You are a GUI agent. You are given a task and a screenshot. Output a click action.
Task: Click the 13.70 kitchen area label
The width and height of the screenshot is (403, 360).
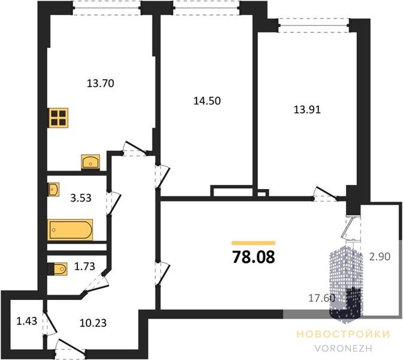[x=101, y=83]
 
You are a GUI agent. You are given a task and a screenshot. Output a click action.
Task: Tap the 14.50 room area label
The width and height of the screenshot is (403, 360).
[x=207, y=101]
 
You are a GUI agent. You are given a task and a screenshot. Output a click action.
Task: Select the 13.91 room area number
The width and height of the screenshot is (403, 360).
[x=307, y=110]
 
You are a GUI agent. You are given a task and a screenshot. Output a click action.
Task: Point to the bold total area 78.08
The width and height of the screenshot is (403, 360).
[x=254, y=257]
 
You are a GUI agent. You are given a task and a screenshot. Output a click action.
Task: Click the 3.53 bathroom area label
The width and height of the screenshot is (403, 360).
[x=81, y=198]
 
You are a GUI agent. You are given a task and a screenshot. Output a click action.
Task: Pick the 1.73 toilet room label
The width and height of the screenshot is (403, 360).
[x=85, y=266]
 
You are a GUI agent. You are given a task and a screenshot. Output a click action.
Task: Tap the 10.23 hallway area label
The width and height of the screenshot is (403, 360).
[x=93, y=323]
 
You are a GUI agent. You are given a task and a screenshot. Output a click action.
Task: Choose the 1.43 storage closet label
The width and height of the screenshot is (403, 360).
[x=27, y=321]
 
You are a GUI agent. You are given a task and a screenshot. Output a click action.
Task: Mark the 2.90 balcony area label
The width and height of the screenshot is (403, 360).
[x=380, y=256]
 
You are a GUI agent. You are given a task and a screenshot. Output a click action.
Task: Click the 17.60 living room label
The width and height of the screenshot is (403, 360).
[x=322, y=298]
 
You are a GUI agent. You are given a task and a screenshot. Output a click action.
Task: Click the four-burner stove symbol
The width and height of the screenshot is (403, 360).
[x=59, y=118]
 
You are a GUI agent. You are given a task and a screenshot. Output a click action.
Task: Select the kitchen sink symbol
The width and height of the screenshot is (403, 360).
[x=91, y=162]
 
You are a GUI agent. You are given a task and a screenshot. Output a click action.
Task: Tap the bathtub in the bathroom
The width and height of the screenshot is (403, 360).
[x=70, y=230]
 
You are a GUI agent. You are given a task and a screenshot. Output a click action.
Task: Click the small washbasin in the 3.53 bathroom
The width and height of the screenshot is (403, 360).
[x=53, y=190]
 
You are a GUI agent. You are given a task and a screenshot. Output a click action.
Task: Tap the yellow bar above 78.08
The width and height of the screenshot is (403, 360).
[x=254, y=243]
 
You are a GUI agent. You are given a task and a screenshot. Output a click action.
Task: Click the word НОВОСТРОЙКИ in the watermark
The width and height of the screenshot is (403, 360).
[x=344, y=334]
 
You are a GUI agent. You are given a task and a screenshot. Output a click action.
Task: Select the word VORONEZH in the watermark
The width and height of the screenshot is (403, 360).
[x=344, y=348]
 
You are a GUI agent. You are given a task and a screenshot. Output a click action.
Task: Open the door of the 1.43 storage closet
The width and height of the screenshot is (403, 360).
[x=50, y=323]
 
